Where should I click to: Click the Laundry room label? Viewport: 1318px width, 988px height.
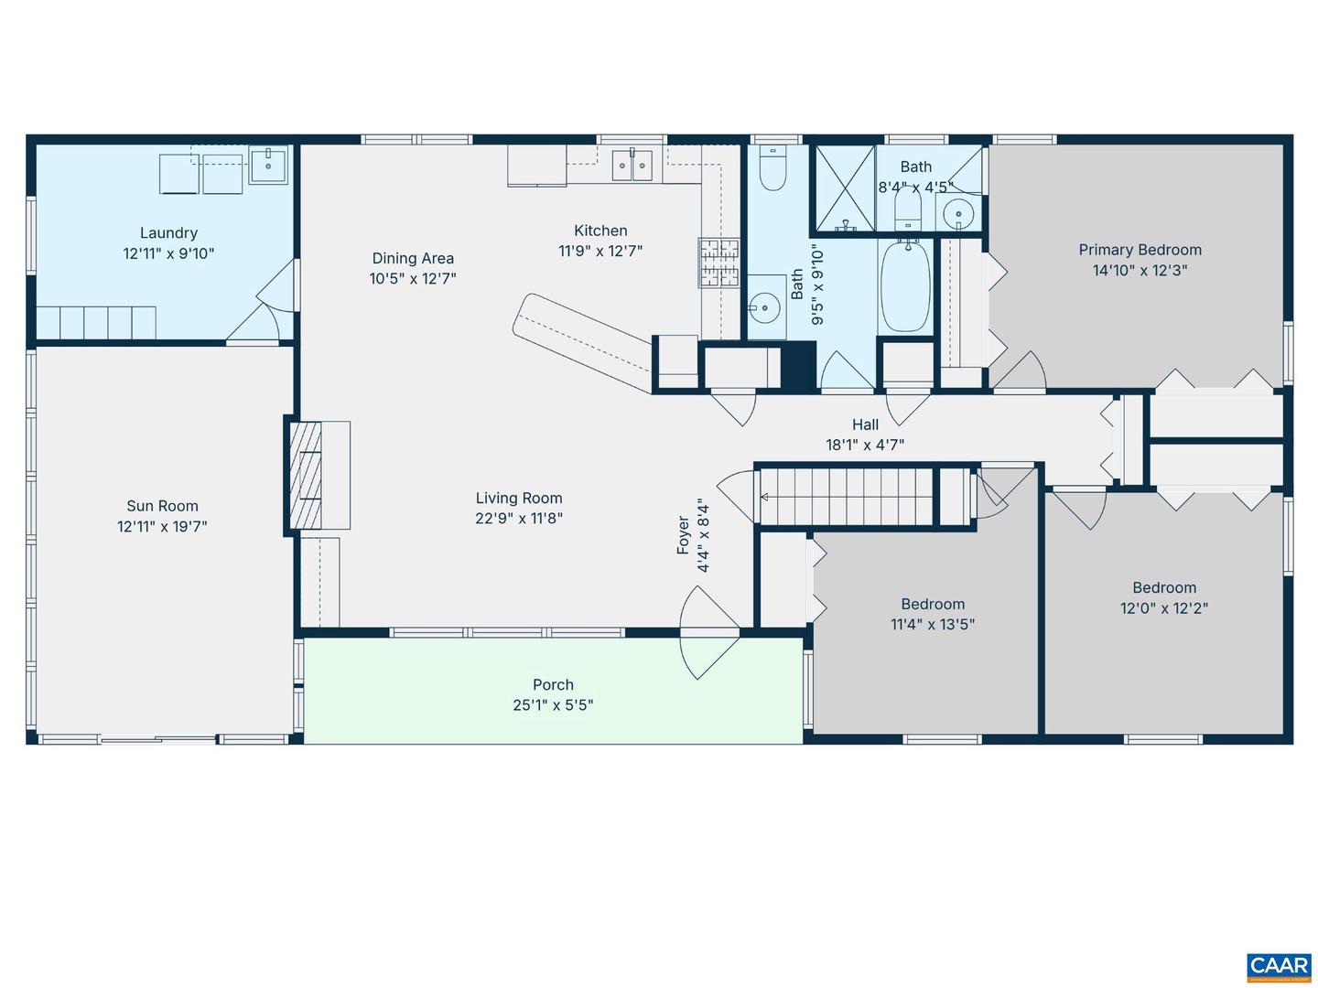click(168, 233)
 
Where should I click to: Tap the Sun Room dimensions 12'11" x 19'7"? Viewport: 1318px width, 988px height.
click(162, 527)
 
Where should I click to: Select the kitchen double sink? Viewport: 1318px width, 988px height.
click(632, 166)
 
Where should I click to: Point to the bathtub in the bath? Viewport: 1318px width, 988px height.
click(905, 286)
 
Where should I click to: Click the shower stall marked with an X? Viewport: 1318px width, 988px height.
click(844, 188)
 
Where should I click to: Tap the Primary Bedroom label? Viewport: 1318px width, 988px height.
click(1140, 250)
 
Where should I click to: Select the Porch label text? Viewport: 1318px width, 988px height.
click(553, 685)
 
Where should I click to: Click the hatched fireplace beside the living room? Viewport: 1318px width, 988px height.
click(306, 475)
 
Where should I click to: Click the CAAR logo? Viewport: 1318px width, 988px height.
click(1279, 966)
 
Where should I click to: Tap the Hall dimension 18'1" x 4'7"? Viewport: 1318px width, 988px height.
click(865, 446)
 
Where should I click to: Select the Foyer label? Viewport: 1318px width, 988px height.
click(683, 535)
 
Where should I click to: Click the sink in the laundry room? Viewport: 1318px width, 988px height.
click(268, 166)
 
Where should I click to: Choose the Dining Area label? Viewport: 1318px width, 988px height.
click(413, 259)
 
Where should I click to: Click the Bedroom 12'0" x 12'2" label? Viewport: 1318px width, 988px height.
click(1163, 588)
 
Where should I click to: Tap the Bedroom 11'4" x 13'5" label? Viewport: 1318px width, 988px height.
click(933, 605)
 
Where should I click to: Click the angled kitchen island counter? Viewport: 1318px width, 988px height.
click(586, 339)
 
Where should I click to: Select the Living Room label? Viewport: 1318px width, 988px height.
click(519, 499)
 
